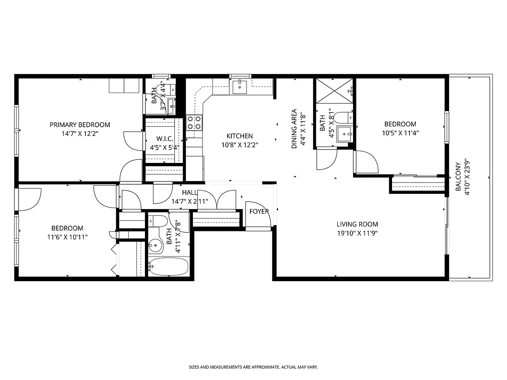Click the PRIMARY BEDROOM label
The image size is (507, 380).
(x=80, y=125)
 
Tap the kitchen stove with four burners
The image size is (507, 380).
(x=194, y=123)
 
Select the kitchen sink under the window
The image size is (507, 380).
(x=240, y=86)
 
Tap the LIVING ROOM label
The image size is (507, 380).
(x=357, y=224)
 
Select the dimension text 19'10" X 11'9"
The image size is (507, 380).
(x=357, y=233)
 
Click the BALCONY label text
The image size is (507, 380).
(x=458, y=177)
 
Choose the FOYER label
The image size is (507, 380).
(x=259, y=211)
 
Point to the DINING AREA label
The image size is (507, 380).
(x=294, y=129)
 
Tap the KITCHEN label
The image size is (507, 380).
(x=239, y=136)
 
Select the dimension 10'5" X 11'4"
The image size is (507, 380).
(x=400, y=133)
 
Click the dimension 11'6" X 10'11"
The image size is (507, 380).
(x=67, y=237)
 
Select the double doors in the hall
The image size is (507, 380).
(x=217, y=199)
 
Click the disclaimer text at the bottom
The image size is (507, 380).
(x=253, y=367)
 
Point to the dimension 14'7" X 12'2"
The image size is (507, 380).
(x=80, y=133)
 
